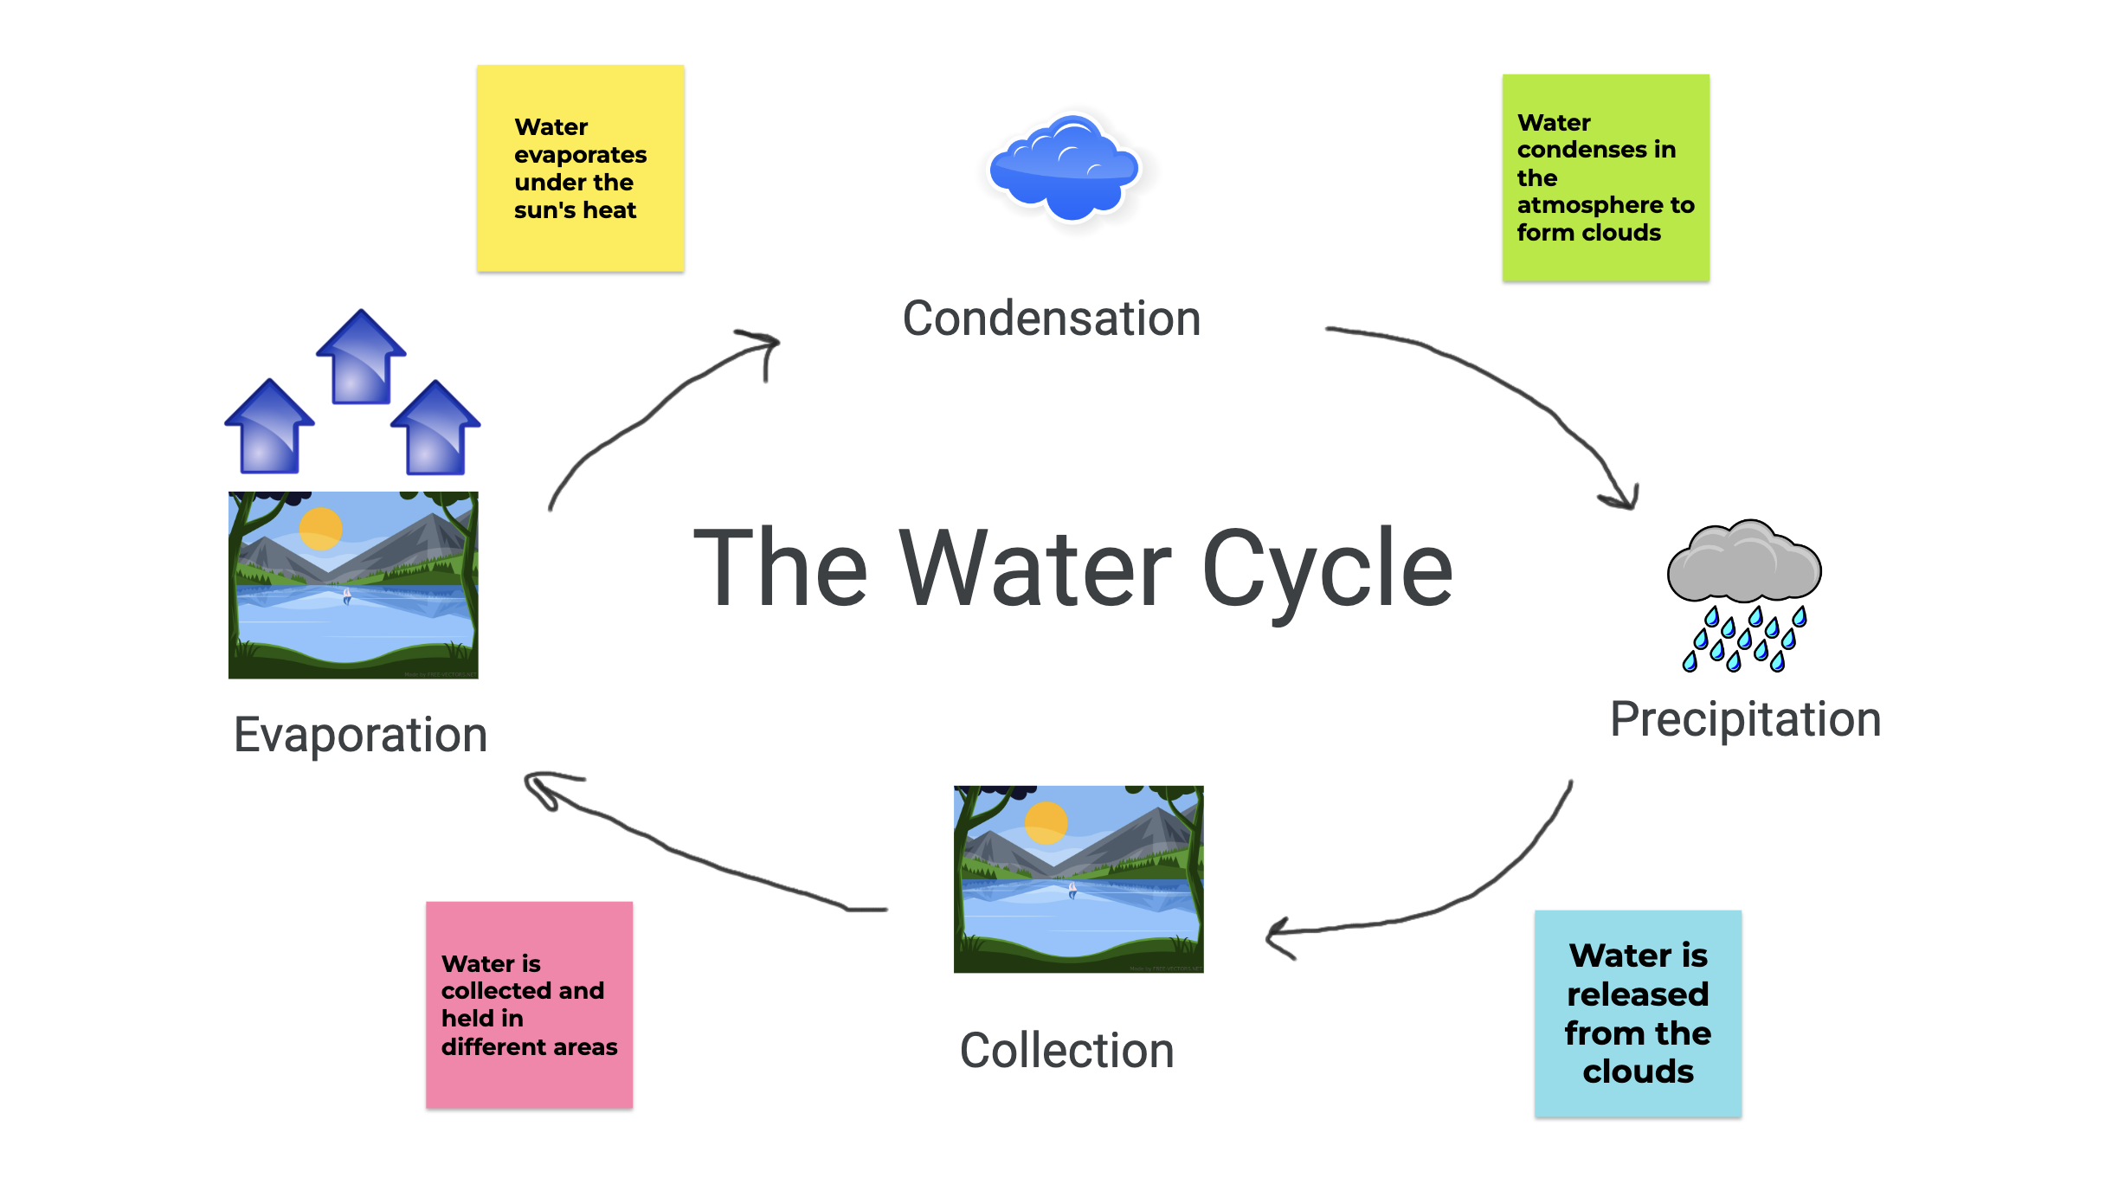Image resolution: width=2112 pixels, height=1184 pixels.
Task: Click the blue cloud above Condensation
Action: pyautogui.click(x=1065, y=169)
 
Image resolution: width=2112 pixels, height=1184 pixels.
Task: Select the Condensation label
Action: pyautogui.click(x=1051, y=319)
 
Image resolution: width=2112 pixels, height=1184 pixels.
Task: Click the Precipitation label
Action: pyautogui.click(x=1745, y=720)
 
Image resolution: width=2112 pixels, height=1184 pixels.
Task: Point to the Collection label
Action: pyautogui.click(x=1066, y=1051)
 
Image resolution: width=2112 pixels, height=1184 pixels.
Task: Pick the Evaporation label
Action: pyautogui.click(x=360, y=736)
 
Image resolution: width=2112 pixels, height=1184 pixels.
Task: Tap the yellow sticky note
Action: pyautogui.click(x=580, y=169)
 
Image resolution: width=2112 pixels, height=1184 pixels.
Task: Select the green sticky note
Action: pyautogui.click(x=1606, y=177)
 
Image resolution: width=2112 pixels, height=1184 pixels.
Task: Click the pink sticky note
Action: pyautogui.click(x=529, y=1005)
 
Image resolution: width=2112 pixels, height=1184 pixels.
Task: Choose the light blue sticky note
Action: pyautogui.click(x=1638, y=1013)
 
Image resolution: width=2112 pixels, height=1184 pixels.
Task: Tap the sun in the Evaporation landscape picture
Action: pyautogui.click(x=320, y=529)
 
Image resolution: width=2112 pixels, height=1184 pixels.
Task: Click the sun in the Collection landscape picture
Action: pyautogui.click(x=1046, y=823)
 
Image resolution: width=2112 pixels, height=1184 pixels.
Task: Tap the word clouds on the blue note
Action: pyautogui.click(x=1638, y=1072)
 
